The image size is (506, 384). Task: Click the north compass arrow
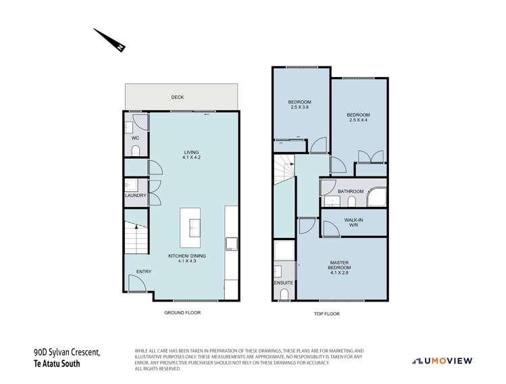[109, 40]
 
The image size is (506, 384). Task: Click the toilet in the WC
[134, 150]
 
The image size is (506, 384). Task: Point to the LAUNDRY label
[135, 196]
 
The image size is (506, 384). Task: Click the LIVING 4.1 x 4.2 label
[193, 155]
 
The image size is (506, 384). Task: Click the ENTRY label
[144, 271]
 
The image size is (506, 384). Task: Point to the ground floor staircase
[135, 237]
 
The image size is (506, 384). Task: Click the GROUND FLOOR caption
[182, 313]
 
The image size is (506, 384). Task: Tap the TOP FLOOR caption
[326, 314]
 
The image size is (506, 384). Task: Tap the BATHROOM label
[351, 191]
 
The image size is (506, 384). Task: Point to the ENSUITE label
[284, 282]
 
